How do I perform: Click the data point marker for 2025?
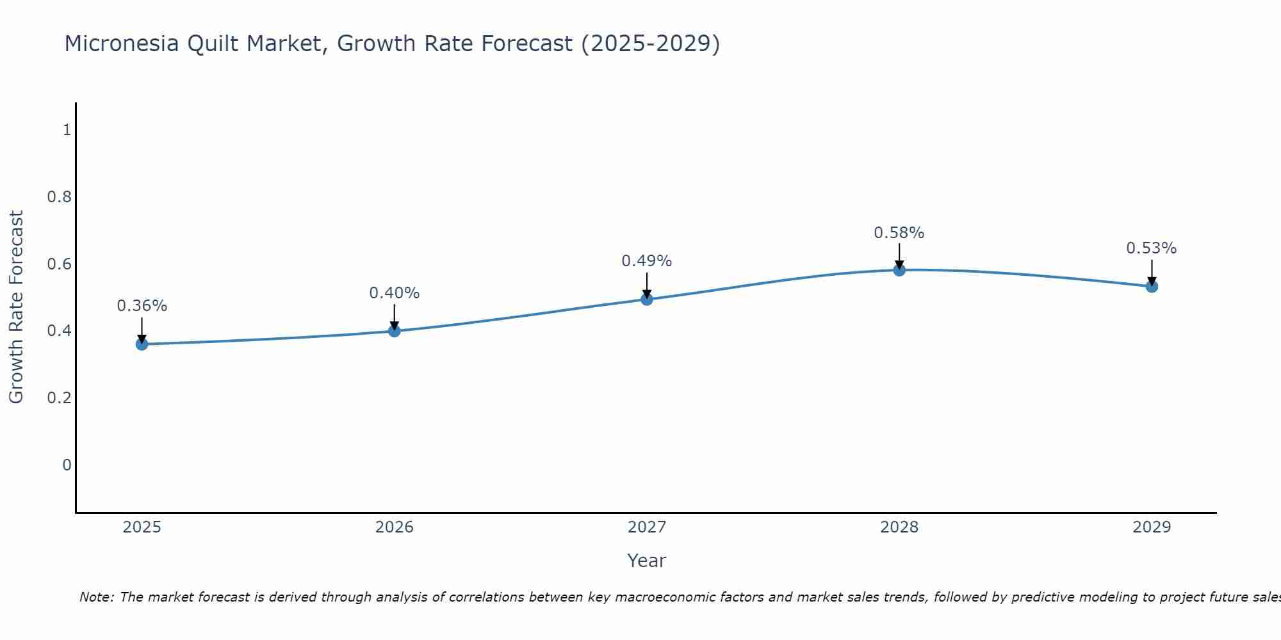142,344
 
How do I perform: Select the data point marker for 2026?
395,331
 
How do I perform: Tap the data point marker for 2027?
647,300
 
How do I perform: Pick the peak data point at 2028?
899,270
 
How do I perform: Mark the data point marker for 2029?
1152,287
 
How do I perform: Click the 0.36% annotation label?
142,306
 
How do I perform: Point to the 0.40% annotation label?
395,293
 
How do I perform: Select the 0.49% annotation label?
647,261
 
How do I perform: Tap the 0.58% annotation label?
899,233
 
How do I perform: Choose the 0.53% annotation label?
1152,248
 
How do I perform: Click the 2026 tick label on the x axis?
395,527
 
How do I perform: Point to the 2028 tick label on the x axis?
899,527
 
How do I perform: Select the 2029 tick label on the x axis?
1152,527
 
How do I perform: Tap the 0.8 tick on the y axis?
60,197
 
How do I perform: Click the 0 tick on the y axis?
67,465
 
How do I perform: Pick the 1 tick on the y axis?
67,130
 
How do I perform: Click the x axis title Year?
647,561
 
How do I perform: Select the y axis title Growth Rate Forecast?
16,307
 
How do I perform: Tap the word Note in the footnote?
96,597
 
